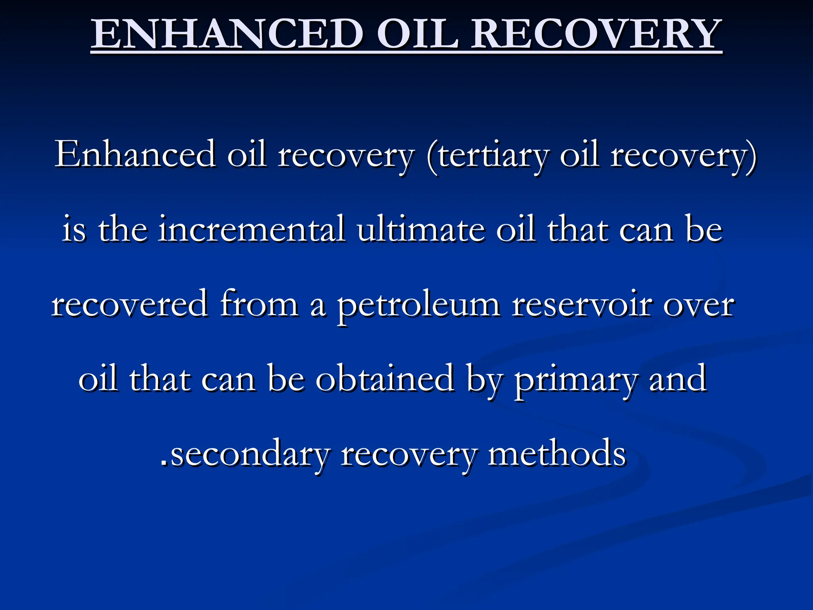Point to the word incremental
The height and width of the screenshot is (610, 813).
coord(252,230)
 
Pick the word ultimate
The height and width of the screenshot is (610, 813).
coord(421,230)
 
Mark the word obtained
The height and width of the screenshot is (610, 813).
coord(385,379)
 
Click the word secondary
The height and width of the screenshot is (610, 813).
coord(250,454)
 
